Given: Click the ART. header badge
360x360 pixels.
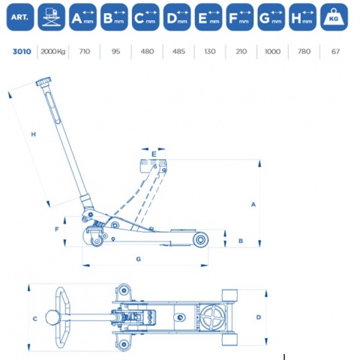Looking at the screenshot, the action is [x=20, y=17].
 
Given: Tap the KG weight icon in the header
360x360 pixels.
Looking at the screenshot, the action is [x=334, y=17].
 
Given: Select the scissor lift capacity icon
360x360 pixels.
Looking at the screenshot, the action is [x=52, y=17].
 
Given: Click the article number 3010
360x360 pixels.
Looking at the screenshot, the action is [x=22, y=52].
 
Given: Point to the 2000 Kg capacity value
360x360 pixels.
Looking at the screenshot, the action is [x=53, y=52].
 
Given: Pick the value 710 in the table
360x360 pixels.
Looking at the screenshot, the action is [x=85, y=52].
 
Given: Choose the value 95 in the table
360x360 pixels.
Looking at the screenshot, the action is [x=115, y=52].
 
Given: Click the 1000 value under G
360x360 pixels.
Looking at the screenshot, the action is [x=272, y=52].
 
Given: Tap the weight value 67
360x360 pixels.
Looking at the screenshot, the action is [x=335, y=52].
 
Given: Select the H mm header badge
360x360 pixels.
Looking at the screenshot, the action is [x=302, y=17].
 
